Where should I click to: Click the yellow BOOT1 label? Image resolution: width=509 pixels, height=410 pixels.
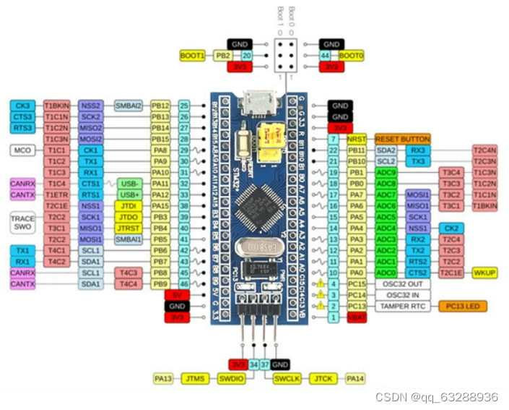tap(193, 56)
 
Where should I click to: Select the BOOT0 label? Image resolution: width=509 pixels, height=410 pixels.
tap(351, 56)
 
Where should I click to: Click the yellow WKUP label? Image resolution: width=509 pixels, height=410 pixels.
tap(484, 273)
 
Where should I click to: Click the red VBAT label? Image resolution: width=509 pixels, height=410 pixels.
tap(354, 317)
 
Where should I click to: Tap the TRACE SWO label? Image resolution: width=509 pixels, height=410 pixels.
tap(22, 222)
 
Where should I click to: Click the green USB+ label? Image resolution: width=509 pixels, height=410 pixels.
tap(131, 195)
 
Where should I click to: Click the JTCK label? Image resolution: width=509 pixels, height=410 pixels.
tap(323, 378)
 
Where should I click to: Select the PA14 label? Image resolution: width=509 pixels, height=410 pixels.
tap(354, 378)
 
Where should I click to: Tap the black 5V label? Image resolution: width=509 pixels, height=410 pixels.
tap(176, 295)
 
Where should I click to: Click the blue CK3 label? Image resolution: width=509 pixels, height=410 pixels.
tap(22, 106)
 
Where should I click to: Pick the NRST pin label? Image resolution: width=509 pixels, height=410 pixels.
tap(354, 139)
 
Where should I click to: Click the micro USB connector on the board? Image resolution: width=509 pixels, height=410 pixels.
tap(255, 102)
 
